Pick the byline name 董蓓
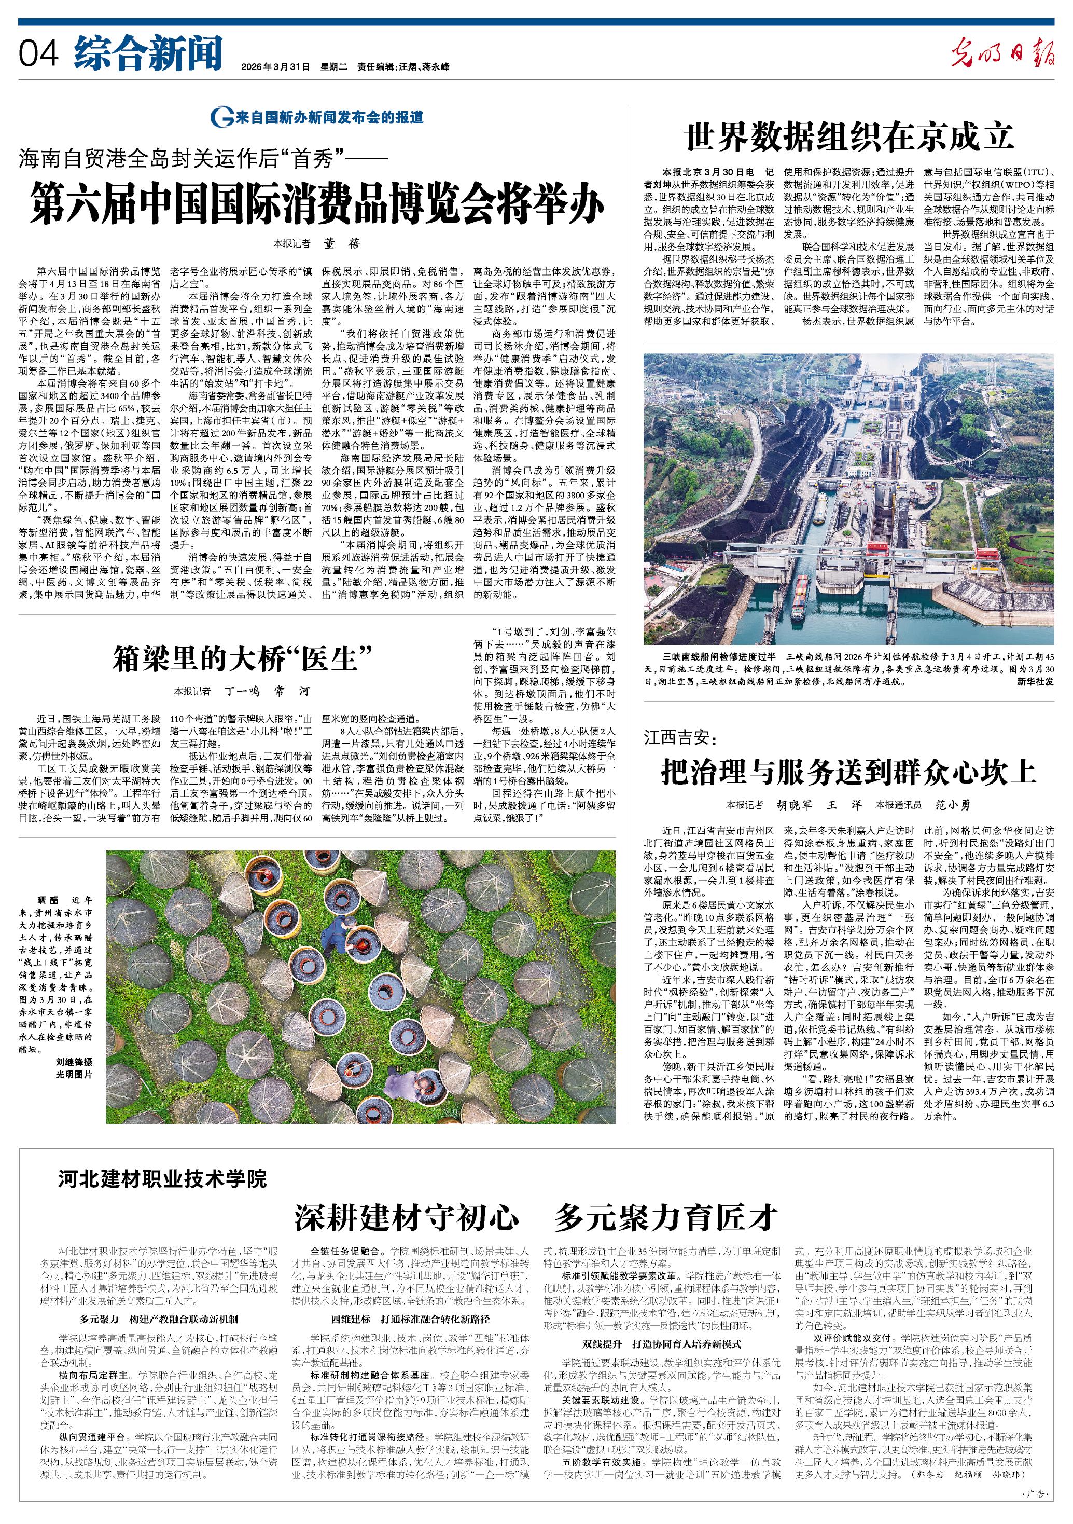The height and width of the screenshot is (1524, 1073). point(342,243)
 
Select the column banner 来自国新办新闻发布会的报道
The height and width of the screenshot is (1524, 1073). point(318,117)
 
